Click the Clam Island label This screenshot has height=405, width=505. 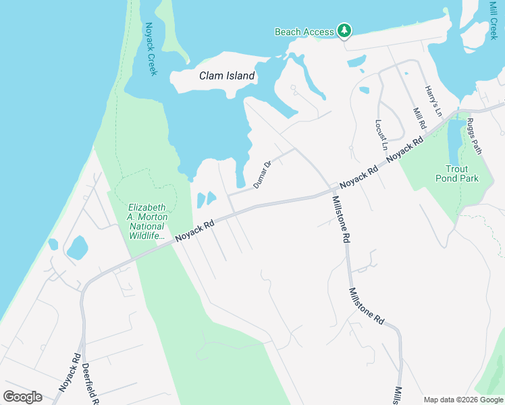tap(227, 76)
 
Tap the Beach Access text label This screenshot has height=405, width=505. tap(304, 32)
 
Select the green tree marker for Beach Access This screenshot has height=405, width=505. tap(344, 30)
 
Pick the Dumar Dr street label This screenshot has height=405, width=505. tap(262, 174)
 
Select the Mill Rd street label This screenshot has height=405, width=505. tap(419, 117)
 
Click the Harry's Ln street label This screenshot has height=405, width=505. tap(432, 100)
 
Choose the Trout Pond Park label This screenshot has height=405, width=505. tap(462, 173)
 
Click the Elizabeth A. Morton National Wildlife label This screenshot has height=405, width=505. tap(147, 221)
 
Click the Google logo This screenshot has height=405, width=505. tap(22, 397)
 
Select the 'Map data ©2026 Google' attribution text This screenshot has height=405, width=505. tap(463, 400)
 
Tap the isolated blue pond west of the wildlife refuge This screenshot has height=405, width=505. tap(77, 248)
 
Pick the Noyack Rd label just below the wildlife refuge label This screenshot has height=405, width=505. tap(194, 230)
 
